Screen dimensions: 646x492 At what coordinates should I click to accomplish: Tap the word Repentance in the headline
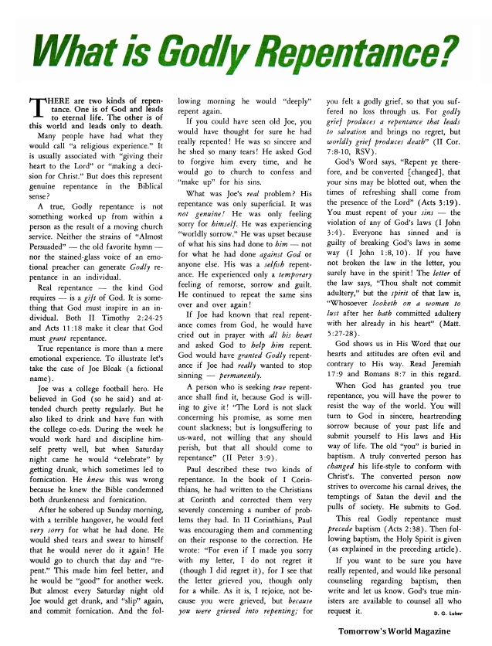tap(372, 53)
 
